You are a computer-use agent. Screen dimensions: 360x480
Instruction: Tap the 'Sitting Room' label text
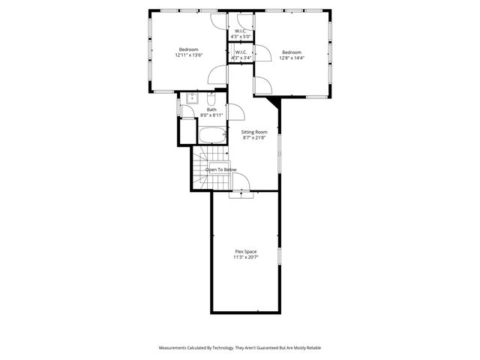254,132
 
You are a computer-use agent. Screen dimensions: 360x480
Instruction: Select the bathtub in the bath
212,136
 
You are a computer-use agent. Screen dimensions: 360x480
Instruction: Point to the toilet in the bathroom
211,99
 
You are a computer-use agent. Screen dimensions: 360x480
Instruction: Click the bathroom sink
192,98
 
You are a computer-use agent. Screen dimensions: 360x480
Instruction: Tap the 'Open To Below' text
221,169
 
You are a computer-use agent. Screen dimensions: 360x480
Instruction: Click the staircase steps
201,169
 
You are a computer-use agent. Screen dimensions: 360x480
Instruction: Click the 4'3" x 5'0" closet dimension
241,36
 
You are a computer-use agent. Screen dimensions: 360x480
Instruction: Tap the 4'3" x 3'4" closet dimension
241,58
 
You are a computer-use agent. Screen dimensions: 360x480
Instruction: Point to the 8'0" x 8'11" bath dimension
211,115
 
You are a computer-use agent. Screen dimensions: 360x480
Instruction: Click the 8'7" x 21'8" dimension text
254,138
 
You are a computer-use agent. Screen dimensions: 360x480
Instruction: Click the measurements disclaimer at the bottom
239,347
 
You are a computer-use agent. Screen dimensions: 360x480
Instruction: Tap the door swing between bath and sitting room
235,112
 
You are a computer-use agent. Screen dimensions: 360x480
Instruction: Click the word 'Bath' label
211,109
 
